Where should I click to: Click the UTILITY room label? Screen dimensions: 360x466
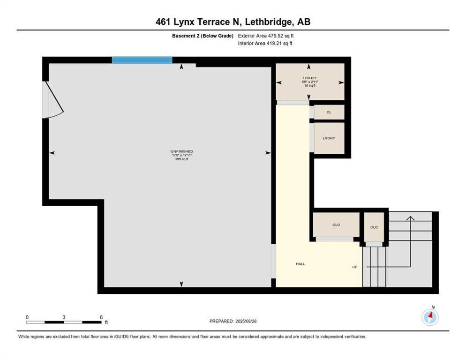pos(309,78)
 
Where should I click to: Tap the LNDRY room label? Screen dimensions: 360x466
pos(329,138)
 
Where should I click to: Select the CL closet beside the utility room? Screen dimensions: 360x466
pos(329,112)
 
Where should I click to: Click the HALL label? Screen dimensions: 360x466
pos(300,264)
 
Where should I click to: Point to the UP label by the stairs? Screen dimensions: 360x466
pos(355,267)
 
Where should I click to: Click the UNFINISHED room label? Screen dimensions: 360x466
pos(181,151)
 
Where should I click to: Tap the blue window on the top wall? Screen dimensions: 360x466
pos(142,60)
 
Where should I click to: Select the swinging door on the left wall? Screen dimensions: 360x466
pos(53,99)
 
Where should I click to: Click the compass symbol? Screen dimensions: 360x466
pos(430,317)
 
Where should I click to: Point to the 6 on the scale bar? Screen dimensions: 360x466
pos(101,317)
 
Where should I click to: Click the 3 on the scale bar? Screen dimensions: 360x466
pos(64,317)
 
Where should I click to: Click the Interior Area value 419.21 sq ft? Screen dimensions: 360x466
pos(279,44)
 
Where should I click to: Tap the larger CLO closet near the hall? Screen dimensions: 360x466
pos(336,225)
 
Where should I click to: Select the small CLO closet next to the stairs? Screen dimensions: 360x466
pos(374,227)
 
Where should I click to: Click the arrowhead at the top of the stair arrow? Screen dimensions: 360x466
pos(410,217)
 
